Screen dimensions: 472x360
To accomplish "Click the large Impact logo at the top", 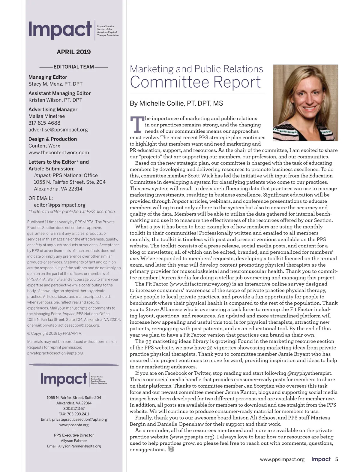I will tap(60, 30).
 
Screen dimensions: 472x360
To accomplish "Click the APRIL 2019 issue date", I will tap(73, 52).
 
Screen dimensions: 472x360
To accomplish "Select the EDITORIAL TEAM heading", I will tap(73, 67).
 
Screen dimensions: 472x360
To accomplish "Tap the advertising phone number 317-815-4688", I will tap(44, 123).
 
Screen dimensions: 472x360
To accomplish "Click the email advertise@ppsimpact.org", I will tap(58, 130).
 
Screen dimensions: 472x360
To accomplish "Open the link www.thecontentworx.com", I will tap(58, 153).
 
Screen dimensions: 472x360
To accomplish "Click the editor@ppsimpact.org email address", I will tap(59, 205).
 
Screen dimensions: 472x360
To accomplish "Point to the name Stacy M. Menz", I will tap(45, 84).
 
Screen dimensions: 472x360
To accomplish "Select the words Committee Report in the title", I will tap(195, 82).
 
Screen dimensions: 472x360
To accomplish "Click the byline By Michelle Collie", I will tap(176, 104).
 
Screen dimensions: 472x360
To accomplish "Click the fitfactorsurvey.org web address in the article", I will tap(200, 284).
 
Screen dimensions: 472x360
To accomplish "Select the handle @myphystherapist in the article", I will tap(310, 373).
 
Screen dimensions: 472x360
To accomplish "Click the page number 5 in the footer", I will tap(337, 459).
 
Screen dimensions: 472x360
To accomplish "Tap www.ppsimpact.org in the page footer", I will tap(282, 459).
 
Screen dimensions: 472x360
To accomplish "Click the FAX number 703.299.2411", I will tap(74, 414).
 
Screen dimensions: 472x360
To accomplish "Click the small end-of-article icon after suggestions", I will tap(171, 449).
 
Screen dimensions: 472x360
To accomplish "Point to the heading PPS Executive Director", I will tap(74, 435).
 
